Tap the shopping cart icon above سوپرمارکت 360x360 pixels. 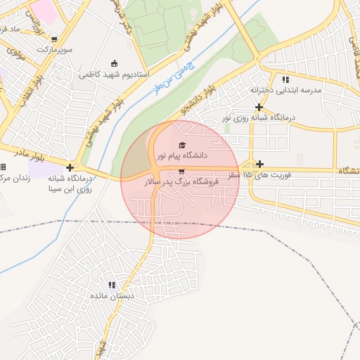click(x=54, y=39)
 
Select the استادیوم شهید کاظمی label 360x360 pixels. click(x=113, y=74)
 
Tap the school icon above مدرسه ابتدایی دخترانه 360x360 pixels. click(x=285, y=79)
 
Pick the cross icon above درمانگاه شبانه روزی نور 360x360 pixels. click(x=259, y=107)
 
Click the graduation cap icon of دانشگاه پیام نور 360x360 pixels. click(x=173, y=145)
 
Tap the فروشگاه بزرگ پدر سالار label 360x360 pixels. click(x=181, y=181)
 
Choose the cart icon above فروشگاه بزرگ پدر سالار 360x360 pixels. click(x=182, y=171)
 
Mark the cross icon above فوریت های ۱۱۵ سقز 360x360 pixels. click(x=259, y=163)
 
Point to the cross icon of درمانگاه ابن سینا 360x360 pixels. click(x=70, y=167)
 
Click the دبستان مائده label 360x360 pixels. click(x=111, y=296)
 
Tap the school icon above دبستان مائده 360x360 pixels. click(x=112, y=285)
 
